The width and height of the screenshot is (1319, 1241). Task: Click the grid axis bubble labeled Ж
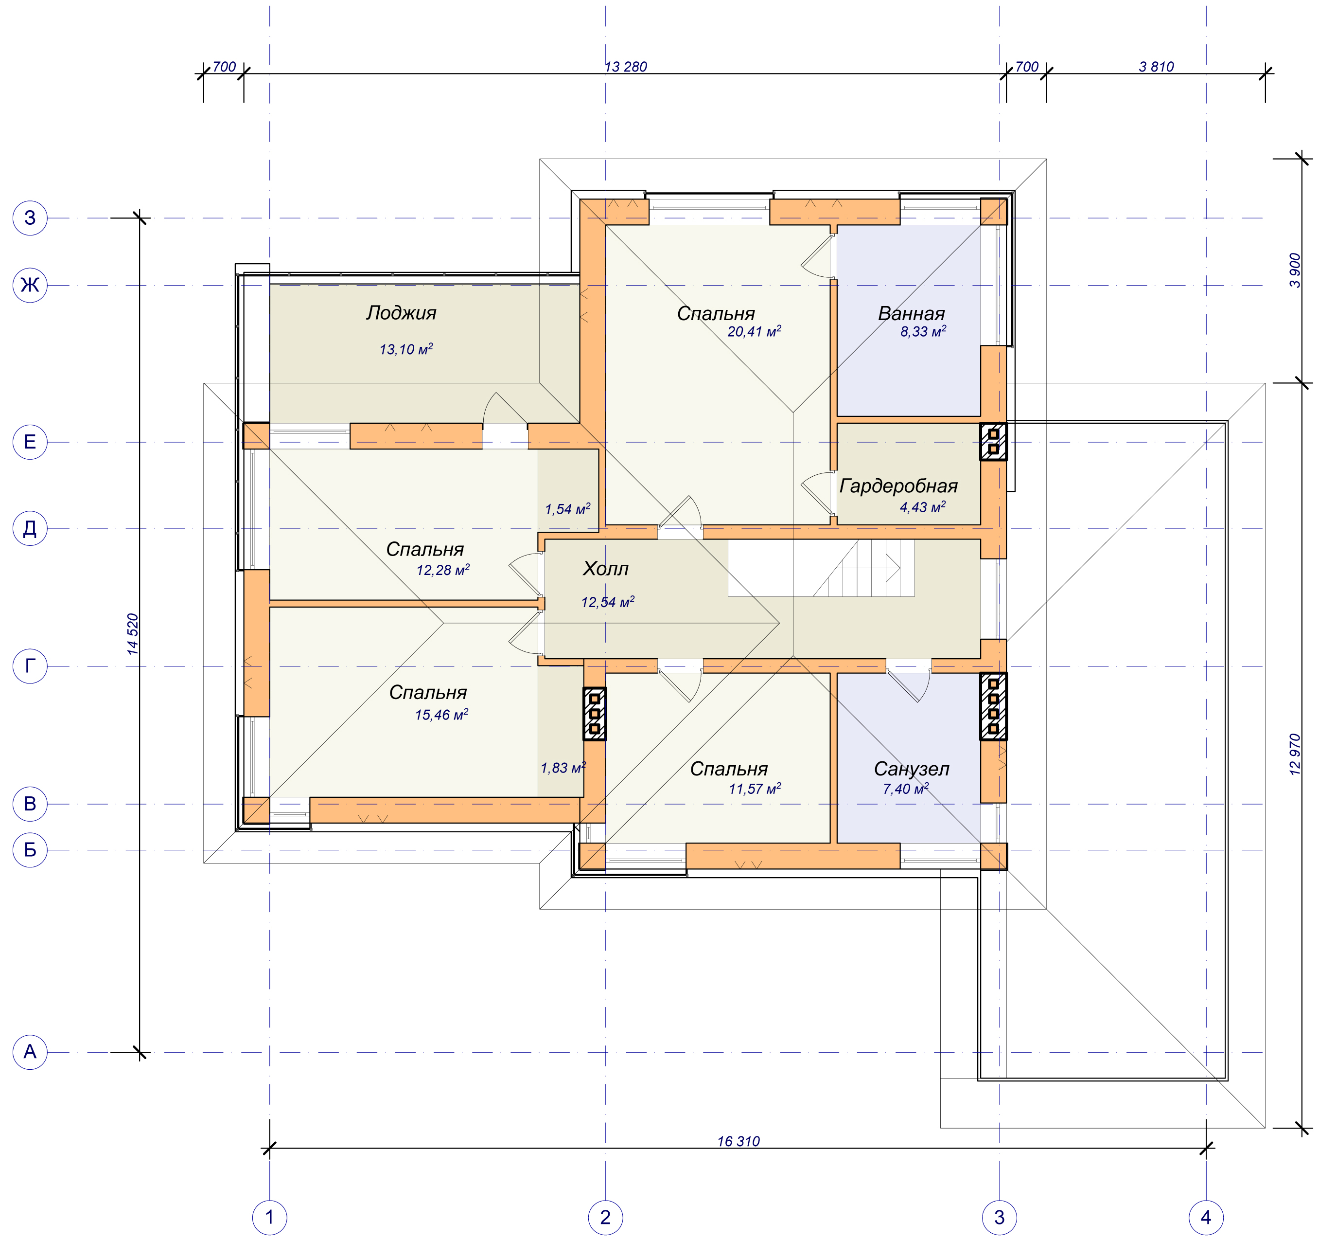point(30,285)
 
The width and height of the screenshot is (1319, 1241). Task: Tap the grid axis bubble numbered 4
point(1206,1217)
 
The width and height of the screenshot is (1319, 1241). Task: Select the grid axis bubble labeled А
point(30,1052)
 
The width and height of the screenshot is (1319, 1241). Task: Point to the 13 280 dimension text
point(625,66)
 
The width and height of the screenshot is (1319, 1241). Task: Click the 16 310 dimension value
point(738,1141)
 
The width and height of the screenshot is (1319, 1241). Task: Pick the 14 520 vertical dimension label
point(133,634)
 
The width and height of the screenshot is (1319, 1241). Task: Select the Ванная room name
point(911,313)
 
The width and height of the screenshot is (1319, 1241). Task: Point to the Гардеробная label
point(898,486)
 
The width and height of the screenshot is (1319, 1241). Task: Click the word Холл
point(605,568)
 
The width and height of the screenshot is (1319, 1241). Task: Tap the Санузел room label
point(911,769)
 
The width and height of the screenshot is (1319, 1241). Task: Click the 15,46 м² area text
point(441,715)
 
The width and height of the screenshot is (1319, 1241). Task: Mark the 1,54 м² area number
point(567,509)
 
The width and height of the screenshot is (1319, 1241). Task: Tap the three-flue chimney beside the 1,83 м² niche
point(595,714)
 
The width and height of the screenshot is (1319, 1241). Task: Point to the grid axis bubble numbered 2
point(605,1217)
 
